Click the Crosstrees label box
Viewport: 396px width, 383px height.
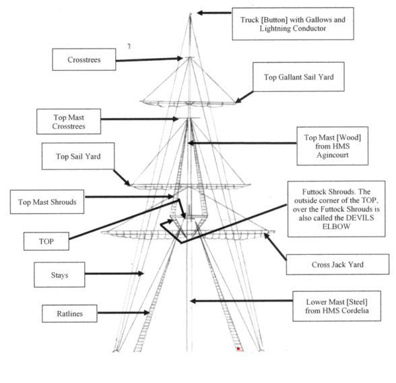[x=84, y=59]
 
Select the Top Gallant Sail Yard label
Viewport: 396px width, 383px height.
[x=298, y=77]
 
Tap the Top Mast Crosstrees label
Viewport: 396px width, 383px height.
[x=69, y=121]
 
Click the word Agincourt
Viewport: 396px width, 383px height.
[x=333, y=154]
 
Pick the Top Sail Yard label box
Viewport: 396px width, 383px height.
[x=78, y=156]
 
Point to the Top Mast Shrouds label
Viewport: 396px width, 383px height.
[x=47, y=202]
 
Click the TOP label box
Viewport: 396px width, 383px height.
[x=46, y=241]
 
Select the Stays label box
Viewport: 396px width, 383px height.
[x=59, y=274]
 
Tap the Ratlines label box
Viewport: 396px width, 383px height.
[x=69, y=314]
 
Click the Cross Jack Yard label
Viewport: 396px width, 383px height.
[x=337, y=264]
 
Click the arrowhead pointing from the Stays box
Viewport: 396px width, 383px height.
[x=141, y=273]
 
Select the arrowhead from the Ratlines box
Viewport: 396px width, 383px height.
[x=147, y=313]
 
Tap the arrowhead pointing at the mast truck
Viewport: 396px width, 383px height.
[x=200, y=13]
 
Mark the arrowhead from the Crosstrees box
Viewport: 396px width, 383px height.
[x=180, y=59]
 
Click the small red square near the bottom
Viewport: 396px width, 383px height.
[x=238, y=349]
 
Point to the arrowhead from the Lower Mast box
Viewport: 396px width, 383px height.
[x=193, y=301]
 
